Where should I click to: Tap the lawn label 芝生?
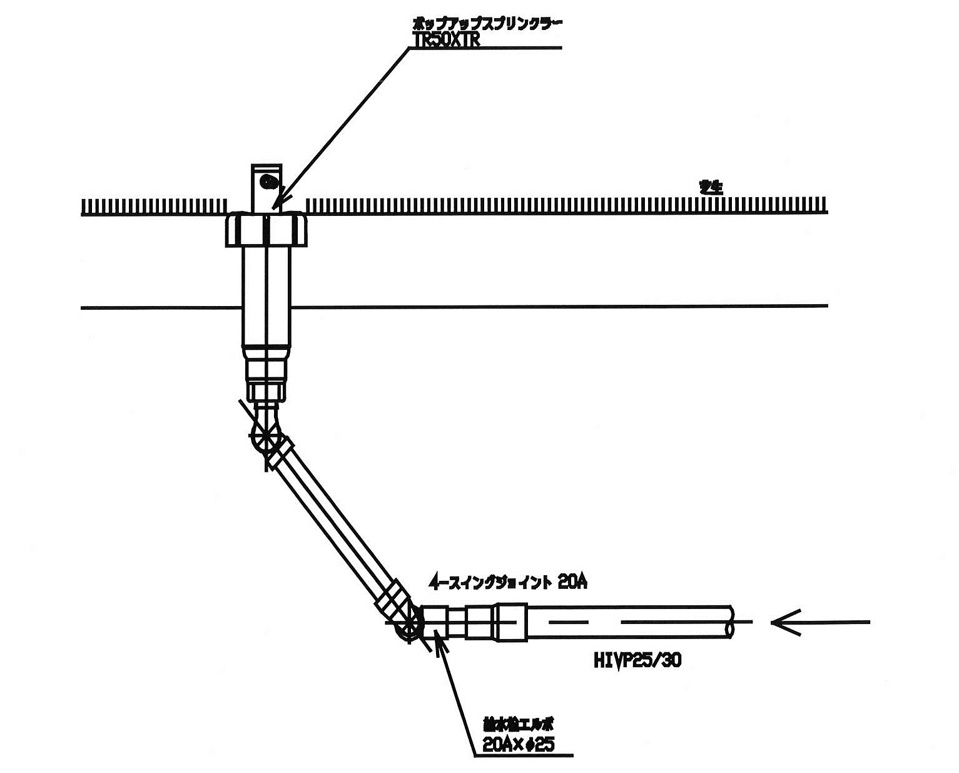click(711, 187)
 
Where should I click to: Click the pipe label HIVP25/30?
click(636, 661)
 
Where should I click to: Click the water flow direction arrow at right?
click(819, 622)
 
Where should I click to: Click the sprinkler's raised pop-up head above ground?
click(267, 188)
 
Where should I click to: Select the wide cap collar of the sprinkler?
click(266, 229)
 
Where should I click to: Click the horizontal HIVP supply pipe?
click(626, 622)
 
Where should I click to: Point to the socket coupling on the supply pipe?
click(511, 621)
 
